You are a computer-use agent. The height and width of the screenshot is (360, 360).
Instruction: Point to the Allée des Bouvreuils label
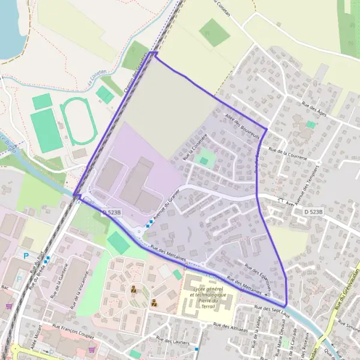pos(241,125)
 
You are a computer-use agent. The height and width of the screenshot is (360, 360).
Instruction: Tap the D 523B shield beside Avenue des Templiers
pos(313,212)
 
